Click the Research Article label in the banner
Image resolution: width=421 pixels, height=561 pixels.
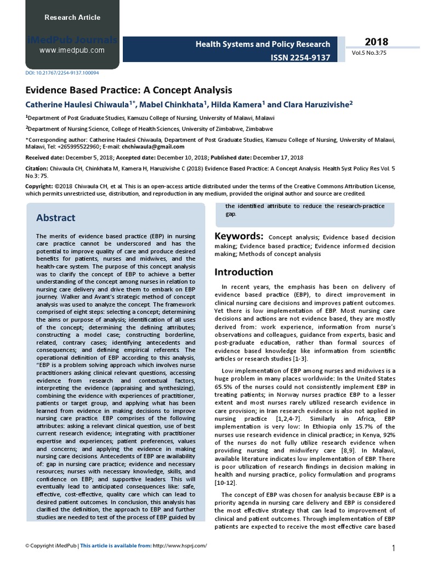[x=72, y=18]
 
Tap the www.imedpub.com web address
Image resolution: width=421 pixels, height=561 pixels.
[x=72, y=50]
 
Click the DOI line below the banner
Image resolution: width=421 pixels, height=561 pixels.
[x=62, y=72]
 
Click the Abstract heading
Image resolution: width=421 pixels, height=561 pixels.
[x=55, y=217]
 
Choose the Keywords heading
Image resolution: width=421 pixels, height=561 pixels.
[x=238, y=236]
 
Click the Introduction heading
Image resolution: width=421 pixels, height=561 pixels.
[x=243, y=272]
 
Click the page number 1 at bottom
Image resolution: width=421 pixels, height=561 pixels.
[x=394, y=548]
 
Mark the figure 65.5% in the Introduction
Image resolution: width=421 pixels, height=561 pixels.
[x=223, y=386]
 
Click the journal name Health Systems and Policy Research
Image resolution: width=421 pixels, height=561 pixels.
[x=263, y=44]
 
